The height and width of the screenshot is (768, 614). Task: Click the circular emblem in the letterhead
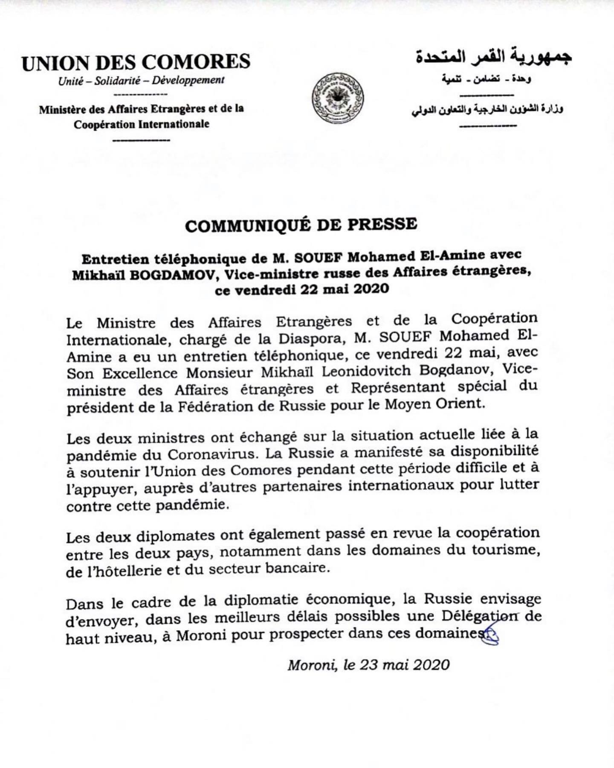coord(338,98)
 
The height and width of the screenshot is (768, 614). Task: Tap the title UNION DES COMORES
coord(136,62)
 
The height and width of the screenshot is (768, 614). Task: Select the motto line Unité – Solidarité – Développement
coord(141,80)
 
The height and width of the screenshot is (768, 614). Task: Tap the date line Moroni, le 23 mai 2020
coord(368,665)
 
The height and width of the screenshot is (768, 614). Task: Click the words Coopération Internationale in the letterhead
coord(142,125)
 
